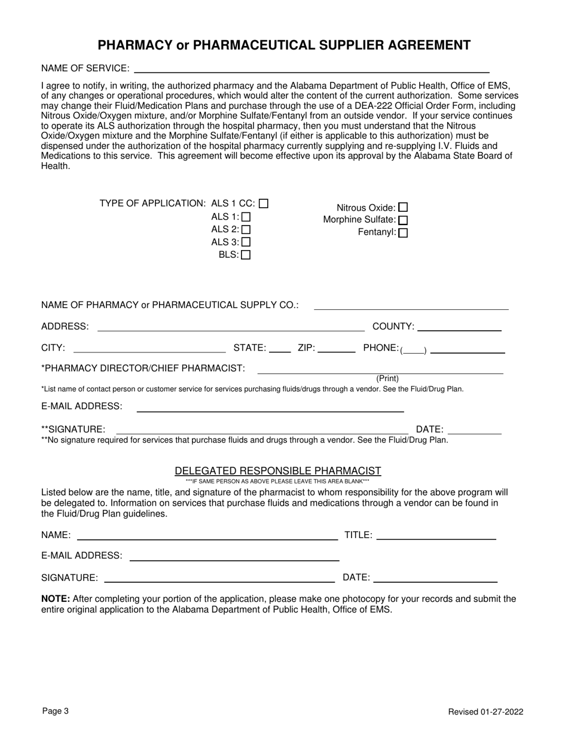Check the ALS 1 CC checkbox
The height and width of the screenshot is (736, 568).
click(x=264, y=203)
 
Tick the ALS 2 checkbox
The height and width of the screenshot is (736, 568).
click(x=246, y=229)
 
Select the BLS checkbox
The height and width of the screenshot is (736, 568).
click(x=246, y=255)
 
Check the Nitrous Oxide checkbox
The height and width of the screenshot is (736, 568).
click(x=403, y=208)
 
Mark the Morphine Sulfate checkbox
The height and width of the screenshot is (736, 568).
click(x=403, y=220)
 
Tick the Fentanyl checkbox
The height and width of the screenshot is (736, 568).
click(x=403, y=233)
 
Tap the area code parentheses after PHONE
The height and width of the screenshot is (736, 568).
click(x=413, y=349)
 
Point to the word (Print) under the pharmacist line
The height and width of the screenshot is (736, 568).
click(x=387, y=379)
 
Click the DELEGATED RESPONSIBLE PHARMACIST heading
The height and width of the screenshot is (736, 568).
click(x=277, y=471)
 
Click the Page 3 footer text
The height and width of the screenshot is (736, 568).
click(x=56, y=711)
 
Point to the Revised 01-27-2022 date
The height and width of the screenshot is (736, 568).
click(x=485, y=712)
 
